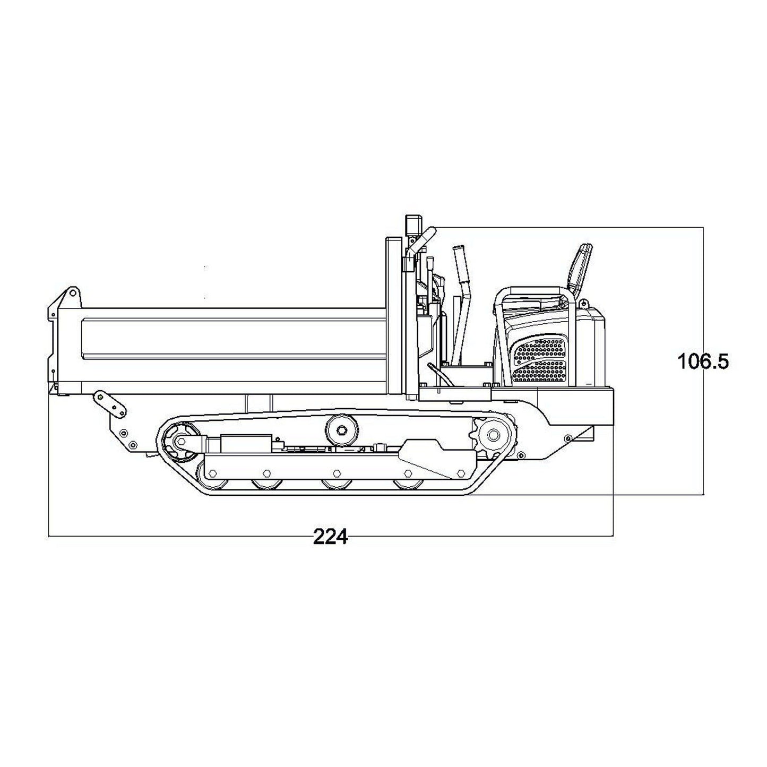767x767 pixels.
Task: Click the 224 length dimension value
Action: pos(330,537)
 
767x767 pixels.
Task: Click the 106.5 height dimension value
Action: pos(703,362)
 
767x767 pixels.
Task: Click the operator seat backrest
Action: pos(580,269)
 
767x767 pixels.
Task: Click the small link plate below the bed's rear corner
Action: pos(110,402)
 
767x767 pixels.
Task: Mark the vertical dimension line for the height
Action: pos(704,425)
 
